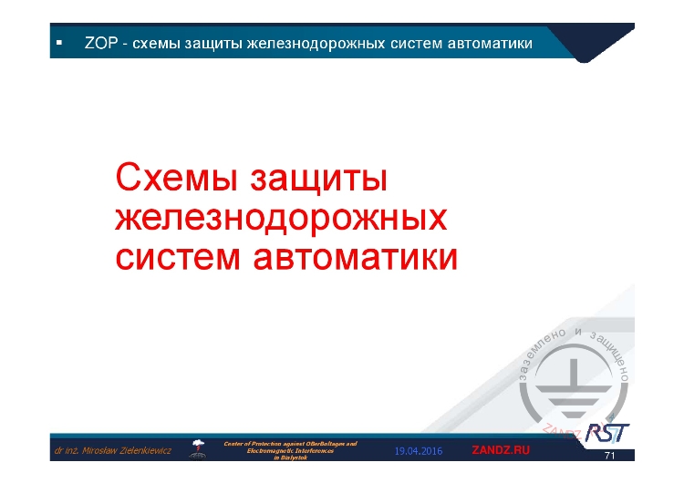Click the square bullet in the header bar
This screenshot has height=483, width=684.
pos(58,43)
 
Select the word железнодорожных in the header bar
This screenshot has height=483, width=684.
pos(306,44)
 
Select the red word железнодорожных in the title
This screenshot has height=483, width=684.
pos(282,218)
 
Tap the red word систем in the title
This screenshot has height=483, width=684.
pos(179,256)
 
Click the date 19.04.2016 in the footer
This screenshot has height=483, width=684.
pos(418,451)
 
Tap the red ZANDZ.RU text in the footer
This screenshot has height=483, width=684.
pos(501,450)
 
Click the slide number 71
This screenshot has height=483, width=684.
pos(609,456)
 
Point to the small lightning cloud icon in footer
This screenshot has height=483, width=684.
pos(198,447)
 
